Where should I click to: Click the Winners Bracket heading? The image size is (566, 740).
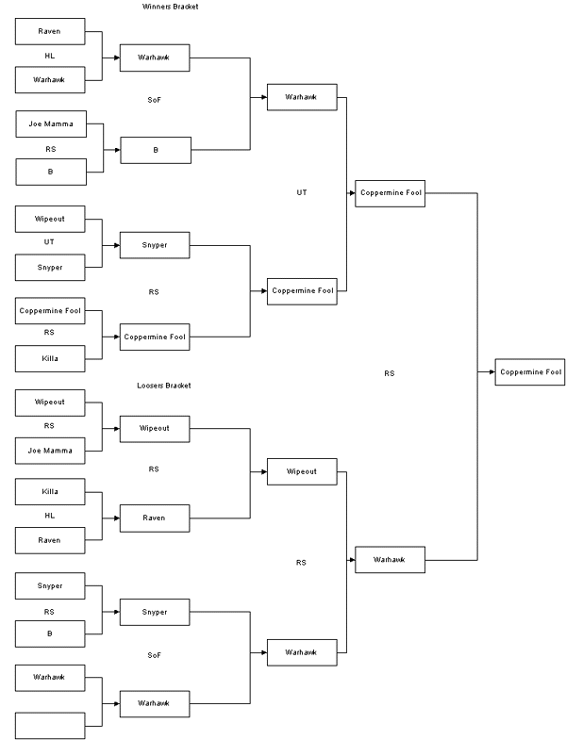pyautogui.click(x=170, y=7)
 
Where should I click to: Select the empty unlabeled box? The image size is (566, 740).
pyautogui.click(x=49, y=725)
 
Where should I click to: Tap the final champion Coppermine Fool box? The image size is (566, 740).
pyautogui.click(x=530, y=372)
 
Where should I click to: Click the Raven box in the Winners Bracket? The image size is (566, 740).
pyautogui.click(x=49, y=32)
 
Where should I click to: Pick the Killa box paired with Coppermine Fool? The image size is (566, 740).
pyautogui.click(x=49, y=359)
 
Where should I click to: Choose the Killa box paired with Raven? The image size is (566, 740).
pyautogui.click(x=49, y=491)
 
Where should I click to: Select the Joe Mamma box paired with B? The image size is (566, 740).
pyautogui.click(x=49, y=123)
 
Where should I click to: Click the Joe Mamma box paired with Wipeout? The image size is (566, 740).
pyautogui.click(x=49, y=450)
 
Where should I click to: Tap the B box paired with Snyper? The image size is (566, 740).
pyautogui.click(x=49, y=633)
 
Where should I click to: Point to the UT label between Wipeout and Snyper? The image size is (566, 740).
pyautogui.click(x=49, y=242)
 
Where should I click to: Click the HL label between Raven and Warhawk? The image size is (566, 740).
pyautogui.click(x=49, y=56)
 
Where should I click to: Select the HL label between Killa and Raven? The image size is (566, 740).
pyautogui.click(x=49, y=516)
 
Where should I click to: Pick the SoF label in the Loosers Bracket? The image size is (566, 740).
pyautogui.click(x=154, y=654)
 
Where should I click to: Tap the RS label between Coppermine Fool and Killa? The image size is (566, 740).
pyautogui.click(x=49, y=333)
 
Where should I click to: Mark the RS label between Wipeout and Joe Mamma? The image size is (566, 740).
pyautogui.click(x=49, y=425)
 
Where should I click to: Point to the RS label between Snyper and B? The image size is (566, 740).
pyautogui.click(x=49, y=610)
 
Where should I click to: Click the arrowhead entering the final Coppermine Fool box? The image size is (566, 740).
pyautogui.click(x=491, y=372)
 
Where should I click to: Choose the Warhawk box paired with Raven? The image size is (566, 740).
pyautogui.click(x=49, y=79)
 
